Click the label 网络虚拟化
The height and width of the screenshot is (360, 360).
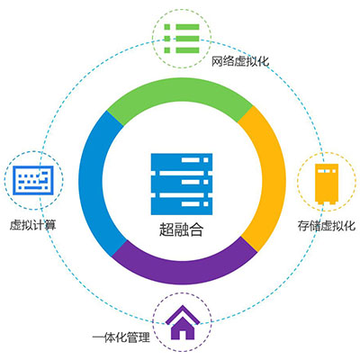pyautogui.click(x=240, y=61)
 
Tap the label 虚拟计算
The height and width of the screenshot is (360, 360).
pyautogui.click(x=33, y=225)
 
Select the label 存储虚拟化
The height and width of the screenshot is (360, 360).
pyautogui.click(x=327, y=226)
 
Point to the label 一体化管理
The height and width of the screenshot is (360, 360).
pyautogui.click(x=121, y=337)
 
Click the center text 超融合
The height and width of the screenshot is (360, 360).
pyautogui.click(x=181, y=229)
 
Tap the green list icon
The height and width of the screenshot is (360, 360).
pyautogui.click(x=182, y=39)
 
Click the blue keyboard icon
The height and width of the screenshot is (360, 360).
pyautogui.click(x=33, y=180)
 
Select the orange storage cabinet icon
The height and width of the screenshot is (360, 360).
pyautogui.click(x=327, y=184)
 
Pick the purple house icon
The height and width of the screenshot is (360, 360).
pyautogui.click(x=183, y=323)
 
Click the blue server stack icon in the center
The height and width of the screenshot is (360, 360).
pyautogui.click(x=182, y=184)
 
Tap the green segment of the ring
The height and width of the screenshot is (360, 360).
pyautogui.click(x=180, y=96)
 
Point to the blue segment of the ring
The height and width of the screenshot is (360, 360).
pyautogui.click(x=93, y=183)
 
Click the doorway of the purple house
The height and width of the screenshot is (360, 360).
pyautogui.click(x=183, y=335)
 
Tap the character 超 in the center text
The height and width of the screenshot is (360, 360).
pyautogui.click(x=166, y=229)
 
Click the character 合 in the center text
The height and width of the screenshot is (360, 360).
pyautogui.click(x=196, y=229)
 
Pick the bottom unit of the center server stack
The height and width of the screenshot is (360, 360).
pyautogui.click(x=182, y=206)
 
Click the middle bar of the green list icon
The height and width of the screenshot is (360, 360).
pyautogui.click(x=182, y=39)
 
